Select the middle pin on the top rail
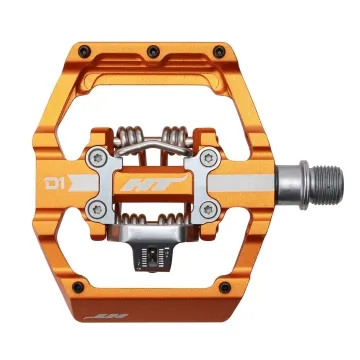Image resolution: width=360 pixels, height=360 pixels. pyautogui.click(x=151, y=49)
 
